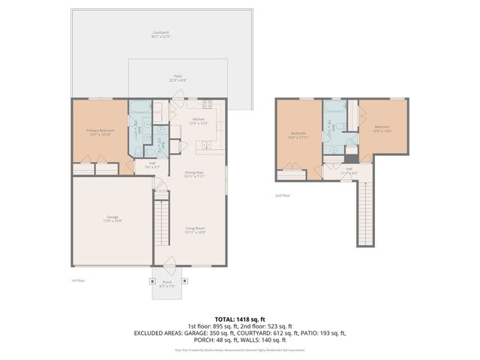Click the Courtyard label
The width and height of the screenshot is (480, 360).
160,34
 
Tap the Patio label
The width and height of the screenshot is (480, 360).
178,77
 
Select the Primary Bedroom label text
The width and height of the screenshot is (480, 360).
100,132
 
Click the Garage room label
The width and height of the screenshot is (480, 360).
111,219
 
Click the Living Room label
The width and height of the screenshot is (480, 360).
195,229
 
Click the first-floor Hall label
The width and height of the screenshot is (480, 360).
151,164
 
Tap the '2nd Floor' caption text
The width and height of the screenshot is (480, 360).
282,195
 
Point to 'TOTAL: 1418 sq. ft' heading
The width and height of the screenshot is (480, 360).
239,319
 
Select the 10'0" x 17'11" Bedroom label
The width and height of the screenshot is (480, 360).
299,136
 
